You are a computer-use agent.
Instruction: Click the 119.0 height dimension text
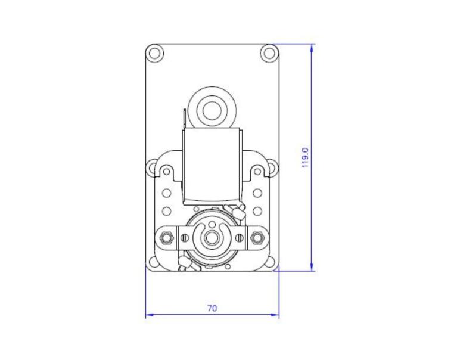(305, 157)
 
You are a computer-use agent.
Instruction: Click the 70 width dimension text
(212, 308)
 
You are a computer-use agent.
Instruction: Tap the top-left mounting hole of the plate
(155, 52)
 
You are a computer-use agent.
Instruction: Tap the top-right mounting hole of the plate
(269, 52)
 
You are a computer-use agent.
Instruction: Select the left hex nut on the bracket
(167, 238)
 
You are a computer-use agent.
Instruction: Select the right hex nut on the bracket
(257, 238)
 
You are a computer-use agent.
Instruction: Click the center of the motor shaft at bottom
(212, 238)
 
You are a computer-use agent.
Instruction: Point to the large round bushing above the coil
(212, 110)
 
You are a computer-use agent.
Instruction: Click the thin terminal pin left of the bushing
(185, 117)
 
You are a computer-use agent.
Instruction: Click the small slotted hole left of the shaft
(184, 238)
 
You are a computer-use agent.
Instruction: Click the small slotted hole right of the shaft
(240, 238)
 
